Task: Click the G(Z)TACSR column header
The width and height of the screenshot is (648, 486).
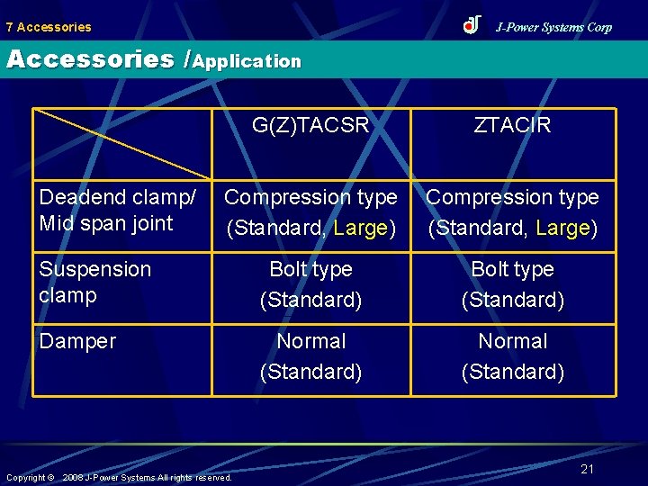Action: point(310,126)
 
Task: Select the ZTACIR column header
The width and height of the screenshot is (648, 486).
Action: point(512,126)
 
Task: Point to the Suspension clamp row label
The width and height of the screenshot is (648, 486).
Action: point(95,283)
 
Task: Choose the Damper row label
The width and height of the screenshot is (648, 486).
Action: point(78,341)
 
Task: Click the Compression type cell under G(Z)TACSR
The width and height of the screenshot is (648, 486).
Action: point(310,212)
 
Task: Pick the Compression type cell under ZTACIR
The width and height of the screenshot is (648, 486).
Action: point(512,212)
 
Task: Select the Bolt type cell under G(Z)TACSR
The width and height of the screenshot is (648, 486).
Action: point(310,284)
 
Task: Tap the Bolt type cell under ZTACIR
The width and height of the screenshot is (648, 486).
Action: point(512,284)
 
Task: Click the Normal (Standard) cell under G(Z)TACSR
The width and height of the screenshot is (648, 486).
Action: point(310,356)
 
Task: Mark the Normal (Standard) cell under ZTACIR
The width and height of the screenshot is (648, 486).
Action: point(512,356)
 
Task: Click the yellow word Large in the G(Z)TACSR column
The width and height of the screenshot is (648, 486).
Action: point(360,229)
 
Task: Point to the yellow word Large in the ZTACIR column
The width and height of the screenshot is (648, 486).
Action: point(562,229)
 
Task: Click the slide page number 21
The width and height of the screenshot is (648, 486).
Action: point(588,469)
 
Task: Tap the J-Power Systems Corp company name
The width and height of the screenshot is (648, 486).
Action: point(553,27)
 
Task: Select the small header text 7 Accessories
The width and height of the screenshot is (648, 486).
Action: point(49,27)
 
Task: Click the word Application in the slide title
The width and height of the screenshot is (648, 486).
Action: point(247,61)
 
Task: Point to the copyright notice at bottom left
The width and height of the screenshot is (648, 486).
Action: point(119,477)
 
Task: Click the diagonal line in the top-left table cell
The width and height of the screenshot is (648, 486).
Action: point(122,144)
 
